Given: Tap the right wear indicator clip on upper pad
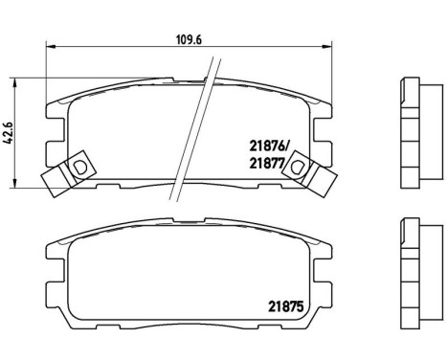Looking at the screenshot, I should [305, 168].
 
